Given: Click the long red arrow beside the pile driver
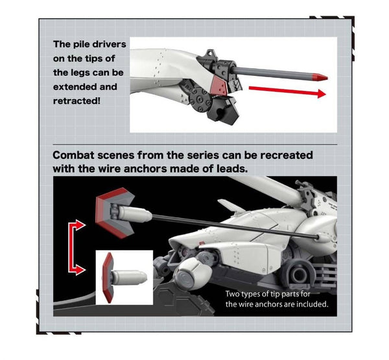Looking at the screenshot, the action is [x=287, y=91].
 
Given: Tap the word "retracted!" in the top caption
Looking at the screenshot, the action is [x=77, y=101].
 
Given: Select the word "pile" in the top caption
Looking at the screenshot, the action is [x=80, y=45].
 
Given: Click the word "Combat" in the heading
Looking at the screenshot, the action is [x=73, y=156].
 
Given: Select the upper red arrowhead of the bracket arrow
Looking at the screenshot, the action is [x=80, y=225].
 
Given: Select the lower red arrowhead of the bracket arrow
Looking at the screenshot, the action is [x=80, y=269].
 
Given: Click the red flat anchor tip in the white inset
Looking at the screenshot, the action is [x=108, y=278].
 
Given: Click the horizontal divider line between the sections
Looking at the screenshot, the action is [x=195, y=144].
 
